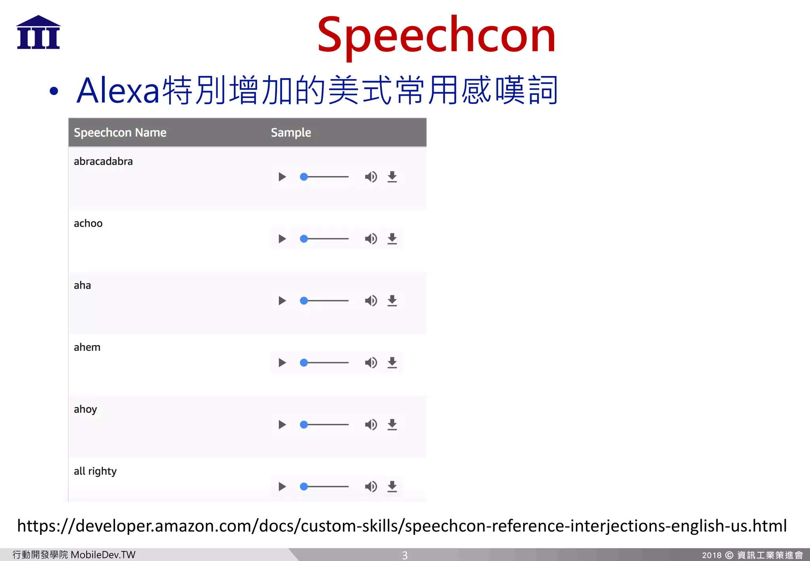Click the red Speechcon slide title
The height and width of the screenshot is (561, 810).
point(436,36)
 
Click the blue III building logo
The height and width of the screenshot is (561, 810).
point(38,32)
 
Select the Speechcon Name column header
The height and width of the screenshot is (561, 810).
point(120,133)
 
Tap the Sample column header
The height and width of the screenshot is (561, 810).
point(291,133)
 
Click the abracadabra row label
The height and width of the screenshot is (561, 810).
point(103,161)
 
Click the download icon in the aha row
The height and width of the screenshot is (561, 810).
point(392,301)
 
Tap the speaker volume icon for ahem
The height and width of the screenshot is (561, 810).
point(371,363)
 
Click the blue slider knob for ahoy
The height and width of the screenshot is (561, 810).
point(304,425)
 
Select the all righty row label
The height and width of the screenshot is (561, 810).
point(95,471)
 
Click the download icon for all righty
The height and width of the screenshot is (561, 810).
point(392,487)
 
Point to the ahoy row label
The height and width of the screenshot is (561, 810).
point(85,409)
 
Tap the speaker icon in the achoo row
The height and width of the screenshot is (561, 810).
point(371,239)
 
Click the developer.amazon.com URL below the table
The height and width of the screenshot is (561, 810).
point(402,526)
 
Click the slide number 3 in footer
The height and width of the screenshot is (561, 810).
point(405,555)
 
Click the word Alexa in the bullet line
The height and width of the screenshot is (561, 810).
point(118,91)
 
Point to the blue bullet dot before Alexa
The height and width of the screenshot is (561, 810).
point(54,91)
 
